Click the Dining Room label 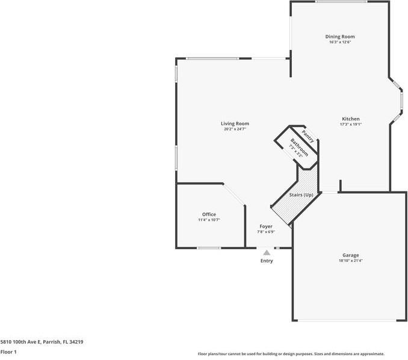pos(340,37)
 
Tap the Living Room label pos(235,123)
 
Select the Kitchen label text pos(351,119)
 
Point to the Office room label pos(209,214)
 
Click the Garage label pos(351,255)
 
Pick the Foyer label pos(265,226)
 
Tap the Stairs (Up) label pos(301,195)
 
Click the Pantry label pos(308,136)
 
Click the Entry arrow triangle pos(267,253)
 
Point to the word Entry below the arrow pos(267,261)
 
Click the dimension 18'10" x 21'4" pos(351,261)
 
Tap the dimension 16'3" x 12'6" pos(340,42)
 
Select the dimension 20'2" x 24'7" pos(235,129)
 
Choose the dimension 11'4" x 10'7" pos(209,220)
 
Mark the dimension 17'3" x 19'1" pos(351,125)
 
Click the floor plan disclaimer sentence pos(291,354)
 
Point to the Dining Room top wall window pos(341,2)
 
